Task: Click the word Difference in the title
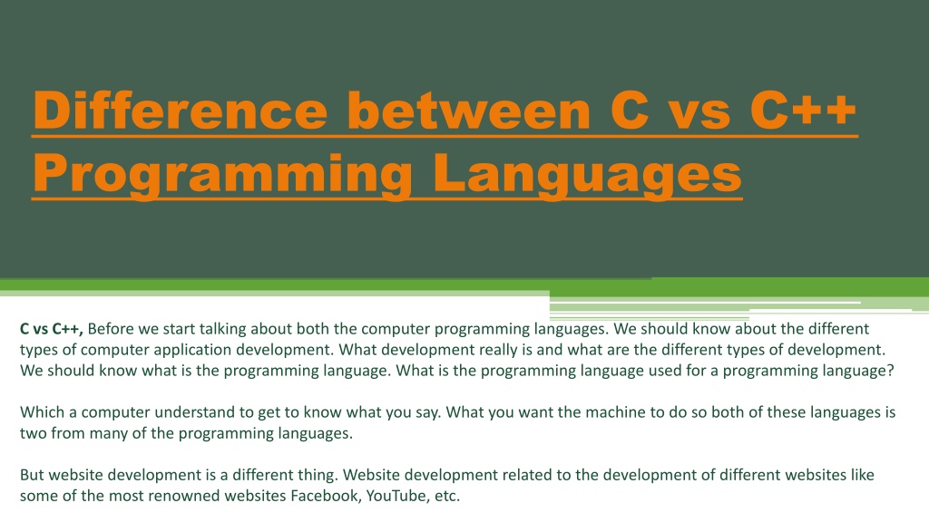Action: click(x=181, y=110)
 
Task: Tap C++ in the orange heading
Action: click(x=804, y=110)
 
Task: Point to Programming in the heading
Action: click(x=223, y=174)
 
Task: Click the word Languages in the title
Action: click(x=587, y=174)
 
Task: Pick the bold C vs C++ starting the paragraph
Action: click(x=52, y=329)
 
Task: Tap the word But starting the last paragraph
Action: click(x=32, y=475)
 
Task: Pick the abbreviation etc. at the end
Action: click(x=447, y=496)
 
